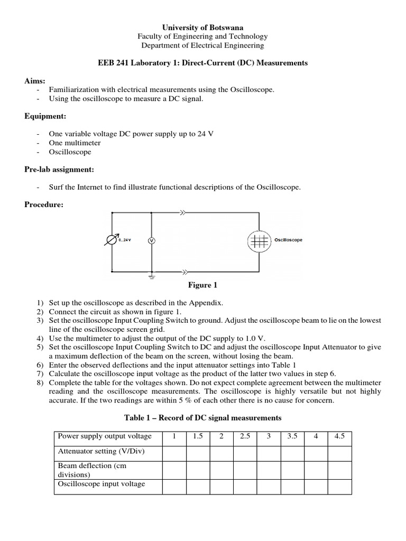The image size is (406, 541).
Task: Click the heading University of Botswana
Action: pyautogui.click(x=202, y=27)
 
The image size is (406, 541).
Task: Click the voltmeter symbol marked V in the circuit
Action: pyautogui.click(x=151, y=240)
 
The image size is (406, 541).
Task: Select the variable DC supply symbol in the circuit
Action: pyautogui.click(x=112, y=240)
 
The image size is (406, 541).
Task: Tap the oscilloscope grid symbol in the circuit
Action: pyautogui.click(x=259, y=240)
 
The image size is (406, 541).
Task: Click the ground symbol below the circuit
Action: pyautogui.click(x=151, y=276)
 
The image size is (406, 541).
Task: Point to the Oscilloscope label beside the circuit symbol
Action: pyautogui.click(x=288, y=240)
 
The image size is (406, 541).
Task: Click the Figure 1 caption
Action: pyautogui.click(x=203, y=285)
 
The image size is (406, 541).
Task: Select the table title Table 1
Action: pyautogui.click(x=202, y=417)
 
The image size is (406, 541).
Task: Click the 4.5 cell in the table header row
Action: pyautogui.click(x=339, y=436)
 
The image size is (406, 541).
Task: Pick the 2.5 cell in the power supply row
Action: pyautogui.click(x=245, y=436)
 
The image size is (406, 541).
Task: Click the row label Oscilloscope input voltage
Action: pyautogui.click(x=101, y=483)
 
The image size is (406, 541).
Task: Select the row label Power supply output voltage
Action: pyautogui.click(x=104, y=436)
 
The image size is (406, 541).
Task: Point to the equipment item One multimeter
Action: pyautogui.click(x=75, y=143)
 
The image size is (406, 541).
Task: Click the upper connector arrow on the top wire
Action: pyautogui.click(x=183, y=213)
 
